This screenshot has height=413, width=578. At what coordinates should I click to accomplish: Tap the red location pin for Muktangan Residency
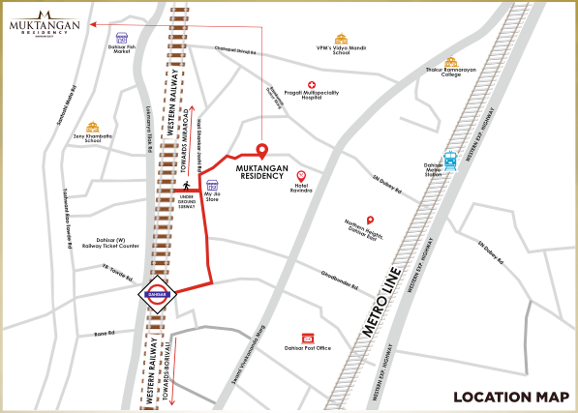tap(260, 151)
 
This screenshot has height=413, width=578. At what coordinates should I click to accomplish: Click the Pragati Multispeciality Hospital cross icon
tap(312, 85)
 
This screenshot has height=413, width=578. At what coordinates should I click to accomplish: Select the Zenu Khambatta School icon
tap(93, 128)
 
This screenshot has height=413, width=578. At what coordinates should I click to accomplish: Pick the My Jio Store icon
tap(212, 186)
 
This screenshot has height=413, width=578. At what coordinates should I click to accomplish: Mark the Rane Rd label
tap(105, 334)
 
